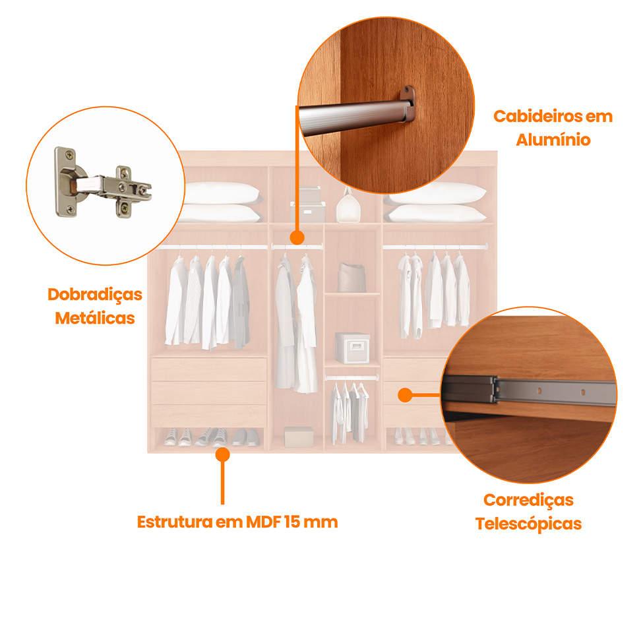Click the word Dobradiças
95,295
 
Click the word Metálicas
95,318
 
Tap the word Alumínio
553,140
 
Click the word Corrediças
528,500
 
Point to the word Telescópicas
528,524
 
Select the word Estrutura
175,522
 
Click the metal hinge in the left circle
102,185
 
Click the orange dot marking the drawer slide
405,395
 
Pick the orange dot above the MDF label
222,454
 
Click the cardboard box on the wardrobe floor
299,437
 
